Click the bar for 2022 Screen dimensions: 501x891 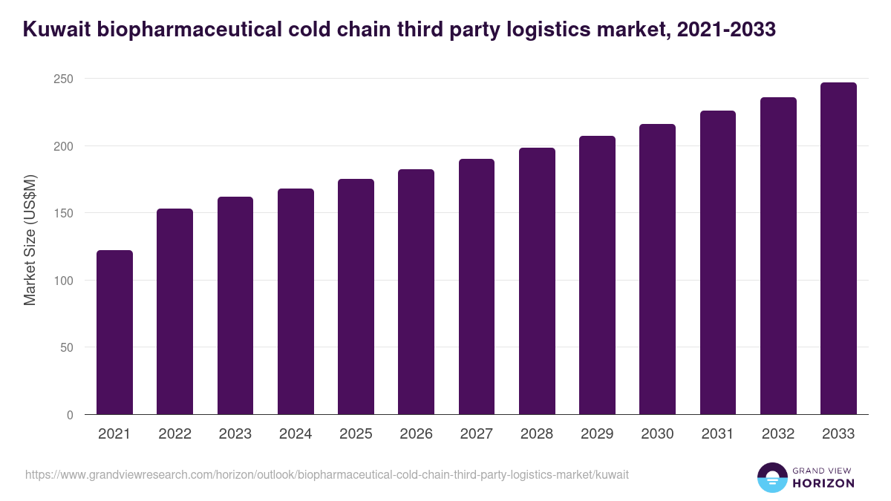click(x=174, y=312)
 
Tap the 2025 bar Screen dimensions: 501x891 click(x=356, y=297)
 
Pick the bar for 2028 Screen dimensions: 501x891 click(x=537, y=281)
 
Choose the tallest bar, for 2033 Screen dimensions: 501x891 click(x=838, y=249)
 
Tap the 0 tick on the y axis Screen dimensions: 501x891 click(x=70, y=415)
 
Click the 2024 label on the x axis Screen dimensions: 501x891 click(x=296, y=434)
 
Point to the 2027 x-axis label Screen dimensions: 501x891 click(x=477, y=434)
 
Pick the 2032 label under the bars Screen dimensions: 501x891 click(x=778, y=434)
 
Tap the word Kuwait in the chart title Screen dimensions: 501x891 click(x=58, y=30)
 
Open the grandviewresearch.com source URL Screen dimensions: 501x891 click(x=327, y=474)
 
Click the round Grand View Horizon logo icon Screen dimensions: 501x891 click(x=772, y=478)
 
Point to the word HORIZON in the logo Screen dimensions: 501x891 click(x=823, y=483)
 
